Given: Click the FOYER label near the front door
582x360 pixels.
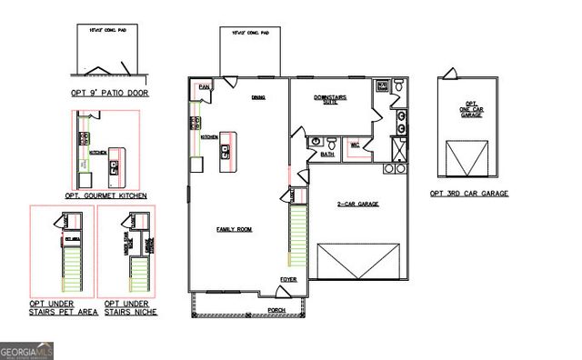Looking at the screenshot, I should pos(288,280).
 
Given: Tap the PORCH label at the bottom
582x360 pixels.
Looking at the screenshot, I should pos(277,309).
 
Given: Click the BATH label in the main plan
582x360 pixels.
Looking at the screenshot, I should pos(327,155).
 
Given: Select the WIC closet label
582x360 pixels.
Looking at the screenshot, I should pos(356,144).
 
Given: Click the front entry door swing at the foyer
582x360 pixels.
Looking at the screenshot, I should pos(282,293).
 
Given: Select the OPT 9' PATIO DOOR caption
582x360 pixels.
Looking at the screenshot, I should pos(113,93).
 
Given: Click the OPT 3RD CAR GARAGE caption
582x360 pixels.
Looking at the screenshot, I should pos(469,194).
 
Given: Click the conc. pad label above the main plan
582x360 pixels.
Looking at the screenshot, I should pos(251,33).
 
